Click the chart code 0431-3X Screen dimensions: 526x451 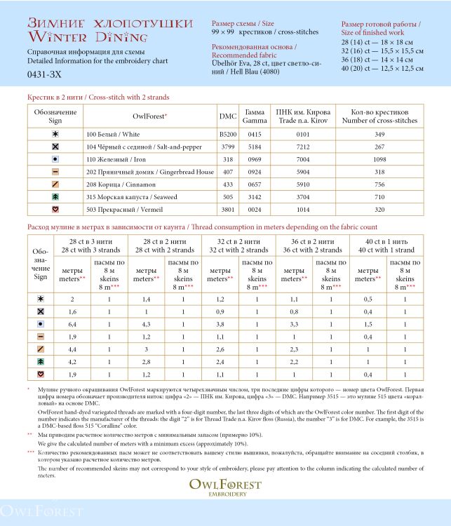click(44, 73)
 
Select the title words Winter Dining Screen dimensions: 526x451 click(88, 37)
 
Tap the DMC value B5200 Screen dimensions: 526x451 click(228, 134)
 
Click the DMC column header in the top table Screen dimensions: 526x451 click(228, 116)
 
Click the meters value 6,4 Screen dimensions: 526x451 click(72, 324)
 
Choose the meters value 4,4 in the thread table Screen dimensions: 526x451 click(72, 349)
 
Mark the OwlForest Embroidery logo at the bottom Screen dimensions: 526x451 click(225, 487)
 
